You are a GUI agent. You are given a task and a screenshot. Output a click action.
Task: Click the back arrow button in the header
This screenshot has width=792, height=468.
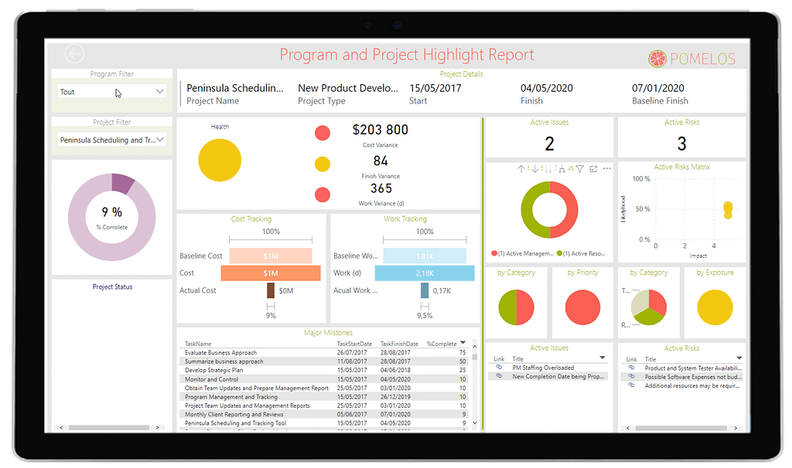click(75, 54)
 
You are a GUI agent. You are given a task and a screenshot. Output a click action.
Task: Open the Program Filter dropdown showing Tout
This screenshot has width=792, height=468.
click(113, 92)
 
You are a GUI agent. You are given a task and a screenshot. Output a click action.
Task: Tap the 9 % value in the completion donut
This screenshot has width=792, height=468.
click(112, 212)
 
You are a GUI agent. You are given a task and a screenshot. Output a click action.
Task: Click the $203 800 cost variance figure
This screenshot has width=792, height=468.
click(380, 130)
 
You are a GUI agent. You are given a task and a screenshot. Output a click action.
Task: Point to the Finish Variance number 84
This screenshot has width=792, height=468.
click(381, 161)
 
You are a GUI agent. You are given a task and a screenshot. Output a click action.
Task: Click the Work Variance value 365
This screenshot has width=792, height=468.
click(381, 188)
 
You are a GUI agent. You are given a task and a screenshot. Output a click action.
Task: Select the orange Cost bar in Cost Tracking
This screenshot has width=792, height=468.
click(271, 273)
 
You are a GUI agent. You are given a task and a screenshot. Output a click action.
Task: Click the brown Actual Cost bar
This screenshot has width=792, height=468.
click(271, 290)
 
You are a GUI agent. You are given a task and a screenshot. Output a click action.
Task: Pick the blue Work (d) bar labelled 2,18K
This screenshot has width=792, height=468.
click(425, 273)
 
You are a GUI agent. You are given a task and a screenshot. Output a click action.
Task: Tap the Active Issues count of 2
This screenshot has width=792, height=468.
click(549, 143)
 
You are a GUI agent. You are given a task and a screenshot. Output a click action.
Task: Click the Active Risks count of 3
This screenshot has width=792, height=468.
click(681, 143)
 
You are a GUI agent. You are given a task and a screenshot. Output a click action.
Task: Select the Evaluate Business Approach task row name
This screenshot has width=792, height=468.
click(220, 353)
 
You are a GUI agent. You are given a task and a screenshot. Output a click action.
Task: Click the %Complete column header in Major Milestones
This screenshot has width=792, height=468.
click(442, 344)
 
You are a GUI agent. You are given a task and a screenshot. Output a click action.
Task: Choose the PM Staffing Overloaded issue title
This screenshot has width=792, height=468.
click(543, 368)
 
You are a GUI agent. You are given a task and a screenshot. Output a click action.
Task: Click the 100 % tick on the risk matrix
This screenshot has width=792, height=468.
click(641, 179)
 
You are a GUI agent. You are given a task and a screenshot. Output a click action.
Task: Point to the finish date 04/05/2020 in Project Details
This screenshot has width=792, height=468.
click(547, 88)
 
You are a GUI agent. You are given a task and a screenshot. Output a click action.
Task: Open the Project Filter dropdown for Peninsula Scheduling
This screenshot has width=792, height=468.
click(113, 141)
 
